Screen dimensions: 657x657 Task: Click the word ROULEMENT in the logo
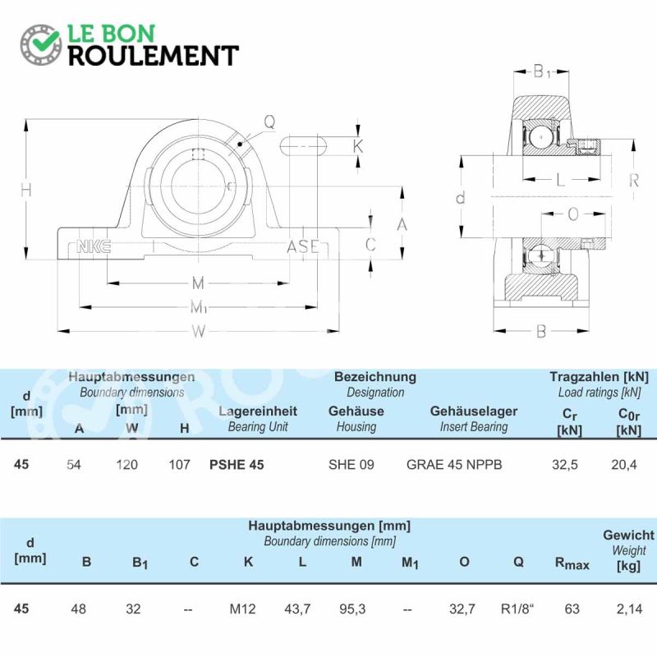coord(154,56)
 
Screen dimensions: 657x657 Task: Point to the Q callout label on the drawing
coord(269,122)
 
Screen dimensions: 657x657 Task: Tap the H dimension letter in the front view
coord(26,191)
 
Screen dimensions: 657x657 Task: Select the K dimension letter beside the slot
coord(357,146)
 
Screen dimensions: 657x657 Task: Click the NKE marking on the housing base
coord(94,246)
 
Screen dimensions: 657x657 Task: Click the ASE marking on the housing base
coord(303,246)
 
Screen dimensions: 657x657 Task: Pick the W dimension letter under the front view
coord(199,332)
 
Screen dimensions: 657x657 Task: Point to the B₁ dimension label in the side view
coord(542,71)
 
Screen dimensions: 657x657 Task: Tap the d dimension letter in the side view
coord(461,197)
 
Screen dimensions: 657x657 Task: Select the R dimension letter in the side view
coord(634,180)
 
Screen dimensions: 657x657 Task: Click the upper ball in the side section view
coord(541,137)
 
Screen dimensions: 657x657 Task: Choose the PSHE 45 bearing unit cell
coord(237,465)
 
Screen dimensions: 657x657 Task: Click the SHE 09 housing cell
coord(351,465)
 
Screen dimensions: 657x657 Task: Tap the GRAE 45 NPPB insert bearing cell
coord(454,465)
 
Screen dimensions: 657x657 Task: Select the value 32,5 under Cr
coord(565,465)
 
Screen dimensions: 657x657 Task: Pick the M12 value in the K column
coord(242,609)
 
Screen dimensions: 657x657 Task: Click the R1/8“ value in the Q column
coord(517,609)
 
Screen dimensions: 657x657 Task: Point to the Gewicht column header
coord(628,535)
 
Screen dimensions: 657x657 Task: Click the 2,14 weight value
coord(629,609)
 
